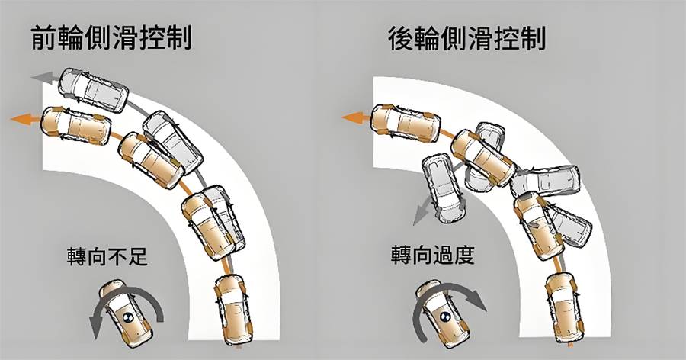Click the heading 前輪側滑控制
click(111, 38)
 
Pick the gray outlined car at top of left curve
click(94, 90)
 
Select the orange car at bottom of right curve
click(560, 308)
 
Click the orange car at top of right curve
click(404, 123)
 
